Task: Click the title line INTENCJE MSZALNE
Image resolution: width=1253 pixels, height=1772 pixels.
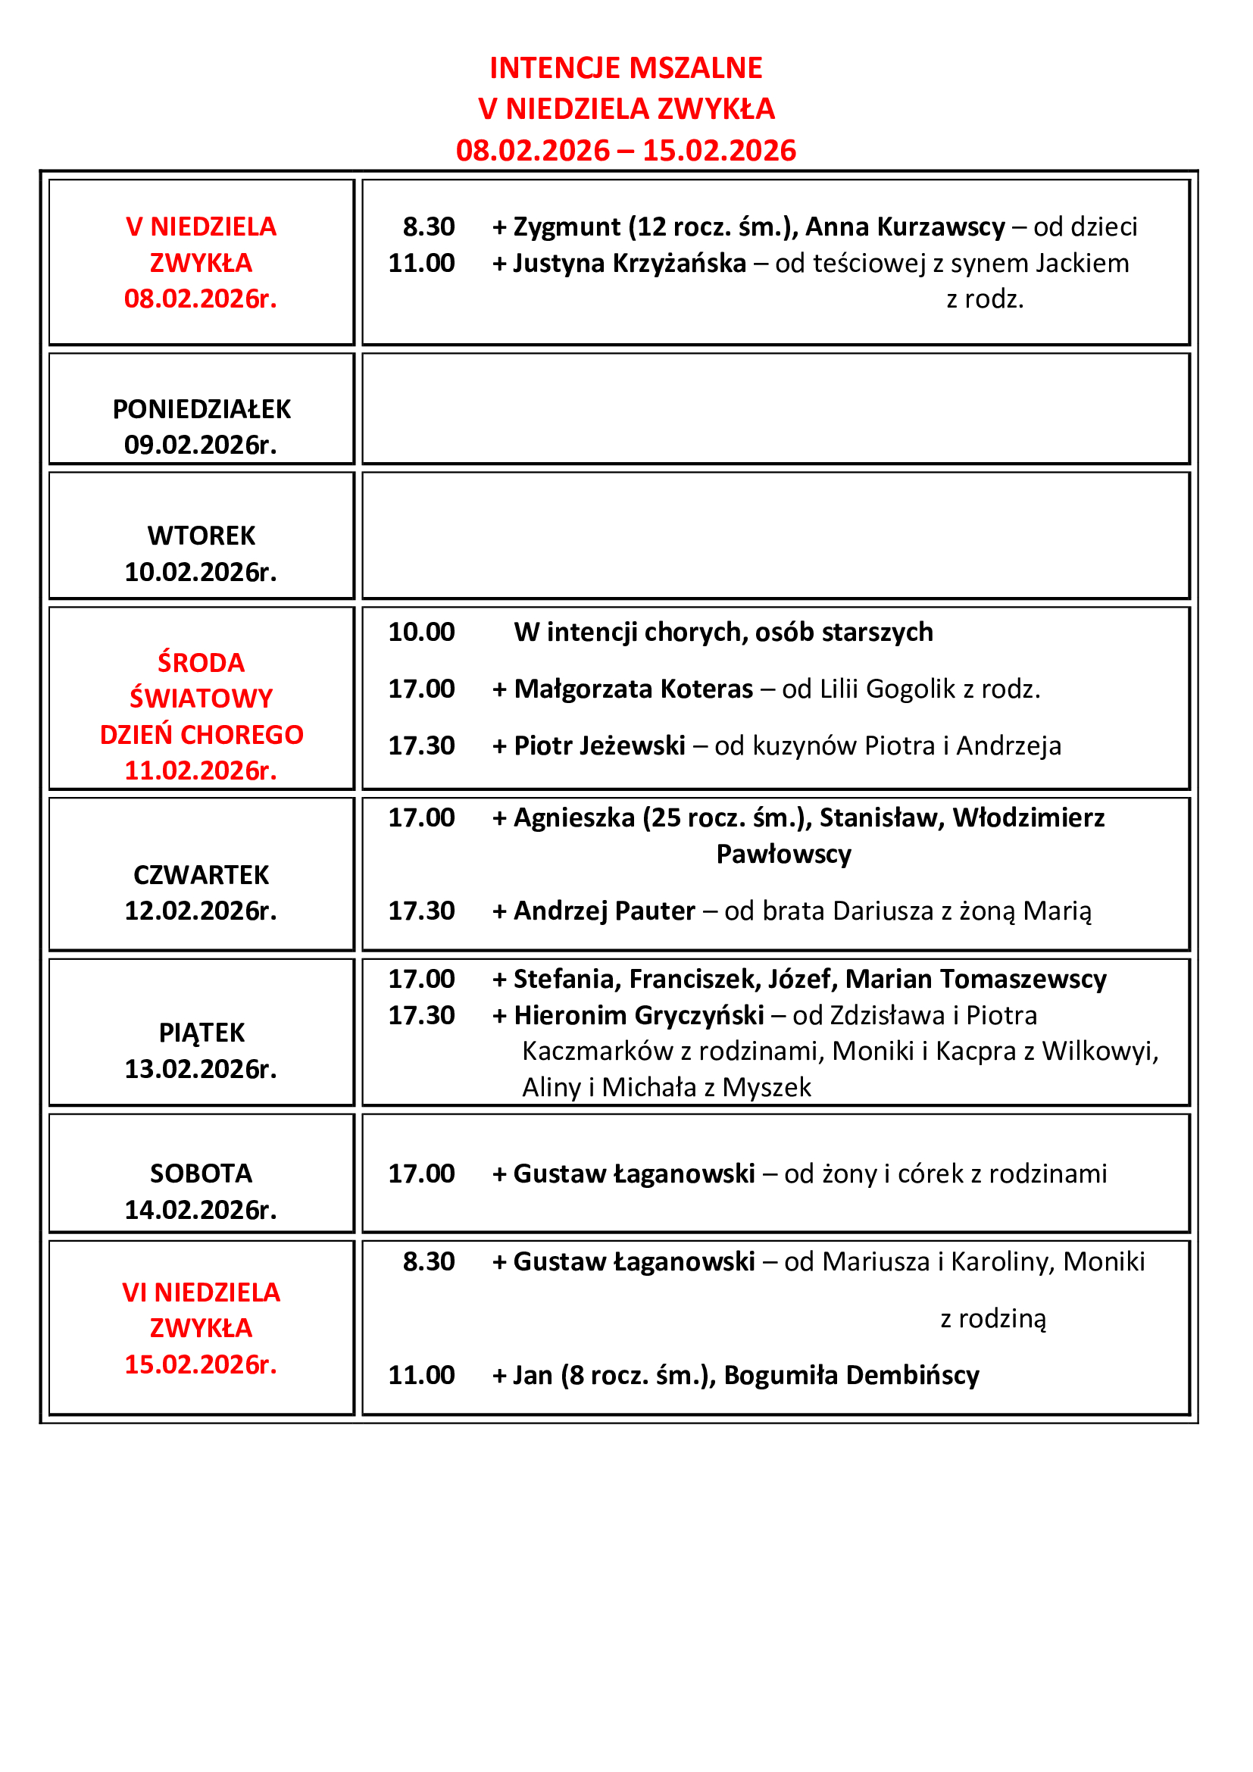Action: pos(626,68)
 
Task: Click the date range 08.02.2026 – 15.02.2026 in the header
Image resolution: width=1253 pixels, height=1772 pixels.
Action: pos(626,150)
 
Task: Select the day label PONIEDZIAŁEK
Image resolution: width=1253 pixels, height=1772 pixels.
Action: pos(202,409)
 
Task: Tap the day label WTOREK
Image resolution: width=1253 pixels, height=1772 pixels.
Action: pos(202,536)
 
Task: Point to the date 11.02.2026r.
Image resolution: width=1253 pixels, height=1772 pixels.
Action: pos(201,770)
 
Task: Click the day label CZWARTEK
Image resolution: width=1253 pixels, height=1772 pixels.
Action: pos(202,875)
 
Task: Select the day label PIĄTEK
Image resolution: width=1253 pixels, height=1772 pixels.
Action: pos(202,1033)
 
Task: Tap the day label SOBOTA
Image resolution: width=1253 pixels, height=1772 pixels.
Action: pos(202,1173)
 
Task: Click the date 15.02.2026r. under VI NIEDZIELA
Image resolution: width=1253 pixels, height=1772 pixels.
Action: pos(201,1364)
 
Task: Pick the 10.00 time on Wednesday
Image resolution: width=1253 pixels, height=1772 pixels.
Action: pos(421,632)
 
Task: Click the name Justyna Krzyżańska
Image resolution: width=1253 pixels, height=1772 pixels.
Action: pos(630,263)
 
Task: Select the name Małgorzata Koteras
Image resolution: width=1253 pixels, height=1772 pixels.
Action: pos(633,689)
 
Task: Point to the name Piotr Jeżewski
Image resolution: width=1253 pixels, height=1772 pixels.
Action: pos(599,745)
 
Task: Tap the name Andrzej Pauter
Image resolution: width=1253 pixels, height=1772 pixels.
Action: pos(604,911)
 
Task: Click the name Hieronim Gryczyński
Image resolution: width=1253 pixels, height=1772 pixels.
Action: pos(639,1015)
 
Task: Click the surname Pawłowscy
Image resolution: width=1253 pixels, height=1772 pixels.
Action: pos(784,855)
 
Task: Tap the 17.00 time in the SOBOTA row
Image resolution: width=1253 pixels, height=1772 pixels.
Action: pos(421,1173)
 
